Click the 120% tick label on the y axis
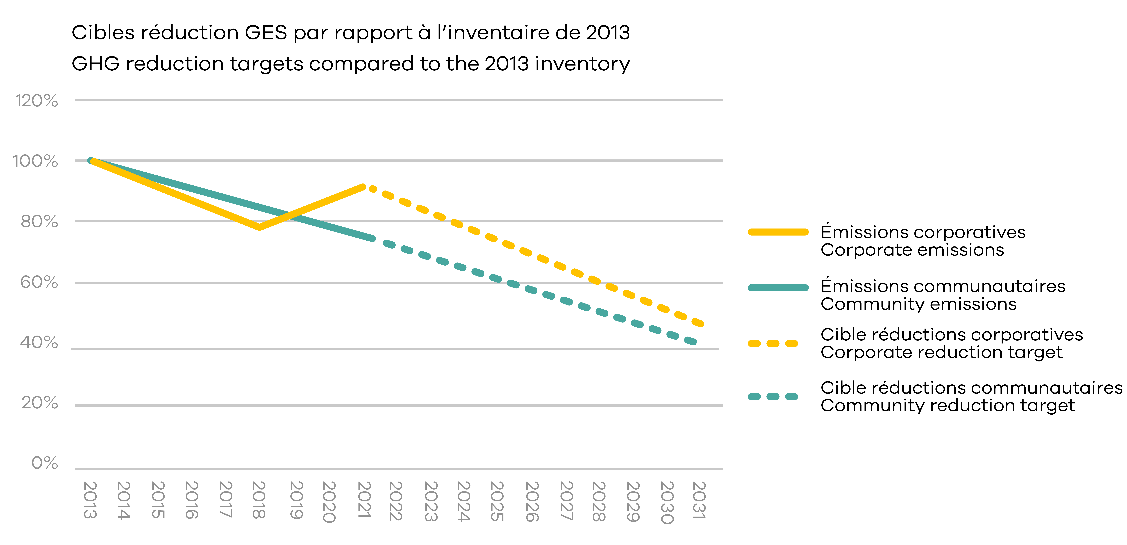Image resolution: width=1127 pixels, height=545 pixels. (37, 101)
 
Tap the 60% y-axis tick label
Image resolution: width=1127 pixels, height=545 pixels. (39, 282)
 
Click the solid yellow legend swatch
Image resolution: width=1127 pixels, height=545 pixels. (778, 232)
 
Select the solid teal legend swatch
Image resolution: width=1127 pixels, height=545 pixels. (778, 288)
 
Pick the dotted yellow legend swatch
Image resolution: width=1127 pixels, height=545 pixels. (773, 344)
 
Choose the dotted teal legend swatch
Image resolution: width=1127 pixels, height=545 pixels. (773, 397)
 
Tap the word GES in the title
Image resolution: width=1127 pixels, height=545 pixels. (266, 33)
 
